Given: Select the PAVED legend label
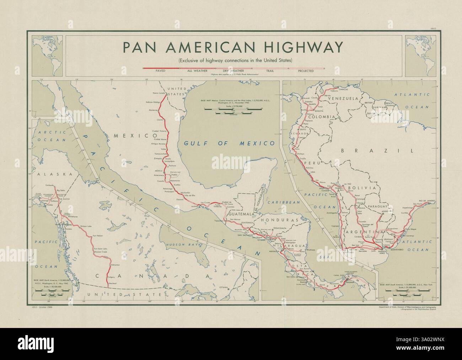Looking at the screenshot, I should pos(161,71).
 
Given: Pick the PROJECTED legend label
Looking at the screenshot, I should pos(306,71).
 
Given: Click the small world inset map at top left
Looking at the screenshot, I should pos(47,55).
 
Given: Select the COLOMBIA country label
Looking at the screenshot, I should pos(322,117).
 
